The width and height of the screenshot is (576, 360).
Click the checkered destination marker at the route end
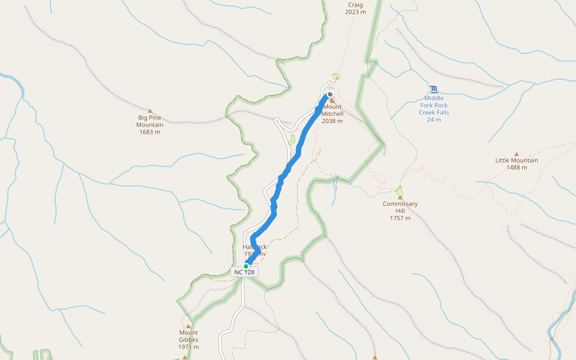[x=330, y=94]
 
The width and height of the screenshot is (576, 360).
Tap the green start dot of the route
[x=246, y=266]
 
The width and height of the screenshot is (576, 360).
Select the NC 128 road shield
[x=244, y=272]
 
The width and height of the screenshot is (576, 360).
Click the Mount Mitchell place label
[x=332, y=110]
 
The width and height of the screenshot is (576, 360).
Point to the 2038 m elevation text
[x=332, y=121]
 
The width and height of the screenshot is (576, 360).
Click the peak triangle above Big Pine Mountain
[x=150, y=111]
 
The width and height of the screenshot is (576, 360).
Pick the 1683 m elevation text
[x=150, y=132]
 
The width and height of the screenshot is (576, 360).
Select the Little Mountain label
[x=517, y=160]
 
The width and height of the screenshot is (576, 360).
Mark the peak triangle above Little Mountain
[x=517, y=154]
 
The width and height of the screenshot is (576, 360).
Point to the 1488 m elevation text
[x=517, y=167]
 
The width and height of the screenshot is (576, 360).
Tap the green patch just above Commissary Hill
[x=400, y=191]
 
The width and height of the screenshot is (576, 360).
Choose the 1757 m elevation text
[x=400, y=218]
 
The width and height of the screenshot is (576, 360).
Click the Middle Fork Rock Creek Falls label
[x=434, y=105]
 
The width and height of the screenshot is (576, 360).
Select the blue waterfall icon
[x=434, y=89]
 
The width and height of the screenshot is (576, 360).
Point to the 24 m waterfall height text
[x=434, y=119]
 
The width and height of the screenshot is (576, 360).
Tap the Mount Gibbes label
[x=188, y=336]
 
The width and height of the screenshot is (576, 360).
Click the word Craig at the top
[x=355, y=4]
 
